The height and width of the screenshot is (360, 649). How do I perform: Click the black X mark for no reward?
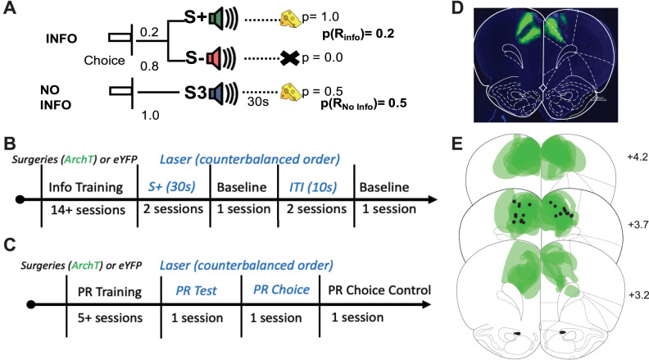(x=290, y=58)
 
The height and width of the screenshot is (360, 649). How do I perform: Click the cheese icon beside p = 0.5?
(x=291, y=91)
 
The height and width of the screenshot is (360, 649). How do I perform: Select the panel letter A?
(x=9, y=8)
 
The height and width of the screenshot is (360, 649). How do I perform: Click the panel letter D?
(x=457, y=8)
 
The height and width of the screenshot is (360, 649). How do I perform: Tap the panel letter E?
(x=457, y=144)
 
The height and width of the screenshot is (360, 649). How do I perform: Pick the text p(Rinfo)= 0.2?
(x=358, y=34)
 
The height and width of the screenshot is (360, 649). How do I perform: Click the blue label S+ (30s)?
(x=171, y=187)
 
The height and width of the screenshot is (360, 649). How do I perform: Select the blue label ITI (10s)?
(x=313, y=187)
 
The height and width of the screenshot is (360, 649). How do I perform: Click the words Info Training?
(x=86, y=188)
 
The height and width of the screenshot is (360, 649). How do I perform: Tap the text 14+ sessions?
(x=88, y=210)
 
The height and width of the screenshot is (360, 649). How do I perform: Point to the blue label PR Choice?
(x=281, y=289)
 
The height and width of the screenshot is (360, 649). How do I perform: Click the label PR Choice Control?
(x=379, y=290)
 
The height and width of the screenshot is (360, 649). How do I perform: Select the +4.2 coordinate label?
(x=638, y=157)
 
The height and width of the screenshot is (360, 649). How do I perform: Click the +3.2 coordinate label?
(x=638, y=295)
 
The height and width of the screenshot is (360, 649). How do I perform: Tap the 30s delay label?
(x=258, y=102)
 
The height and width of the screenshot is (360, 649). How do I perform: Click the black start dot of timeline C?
(x=30, y=305)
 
